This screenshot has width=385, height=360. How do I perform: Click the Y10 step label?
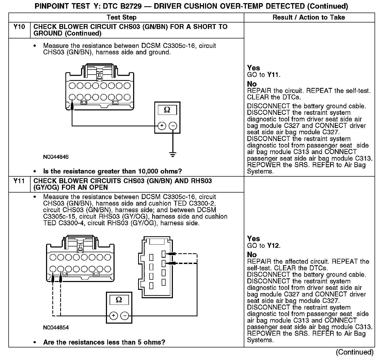click(x=19, y=27)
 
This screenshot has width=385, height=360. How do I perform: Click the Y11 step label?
click(x=19, y=181)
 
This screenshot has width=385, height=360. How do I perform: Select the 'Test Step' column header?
click(x=122, y=18)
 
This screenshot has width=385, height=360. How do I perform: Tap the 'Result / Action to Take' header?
click(x=309, y=18)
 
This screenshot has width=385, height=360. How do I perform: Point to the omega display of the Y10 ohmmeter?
click(x=167, y=110)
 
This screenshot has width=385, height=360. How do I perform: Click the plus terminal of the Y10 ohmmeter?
click(x=162, y=126)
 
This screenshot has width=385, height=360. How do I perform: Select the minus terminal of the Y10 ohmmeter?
click(x=173, y=126)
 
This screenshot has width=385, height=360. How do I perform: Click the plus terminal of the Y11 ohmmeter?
click(x=114, y=316)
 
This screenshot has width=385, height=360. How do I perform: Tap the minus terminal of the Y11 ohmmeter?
click(x=124, y=316)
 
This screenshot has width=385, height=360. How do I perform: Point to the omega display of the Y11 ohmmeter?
click(x=119, y=300)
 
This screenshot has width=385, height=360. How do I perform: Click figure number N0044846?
click(x=56, y=157)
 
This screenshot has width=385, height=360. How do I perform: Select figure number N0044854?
click(x=56, y=328)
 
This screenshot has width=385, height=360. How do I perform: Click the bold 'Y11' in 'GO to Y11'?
click(x=273, y=75)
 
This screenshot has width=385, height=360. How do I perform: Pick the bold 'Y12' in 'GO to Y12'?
click(x=273, y=246)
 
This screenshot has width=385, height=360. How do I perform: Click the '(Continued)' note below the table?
click(x=355, y=352)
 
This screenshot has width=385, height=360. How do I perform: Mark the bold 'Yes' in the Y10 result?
click(x=253, y=68)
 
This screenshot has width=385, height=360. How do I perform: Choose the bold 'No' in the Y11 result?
click(x=252, y=255)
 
